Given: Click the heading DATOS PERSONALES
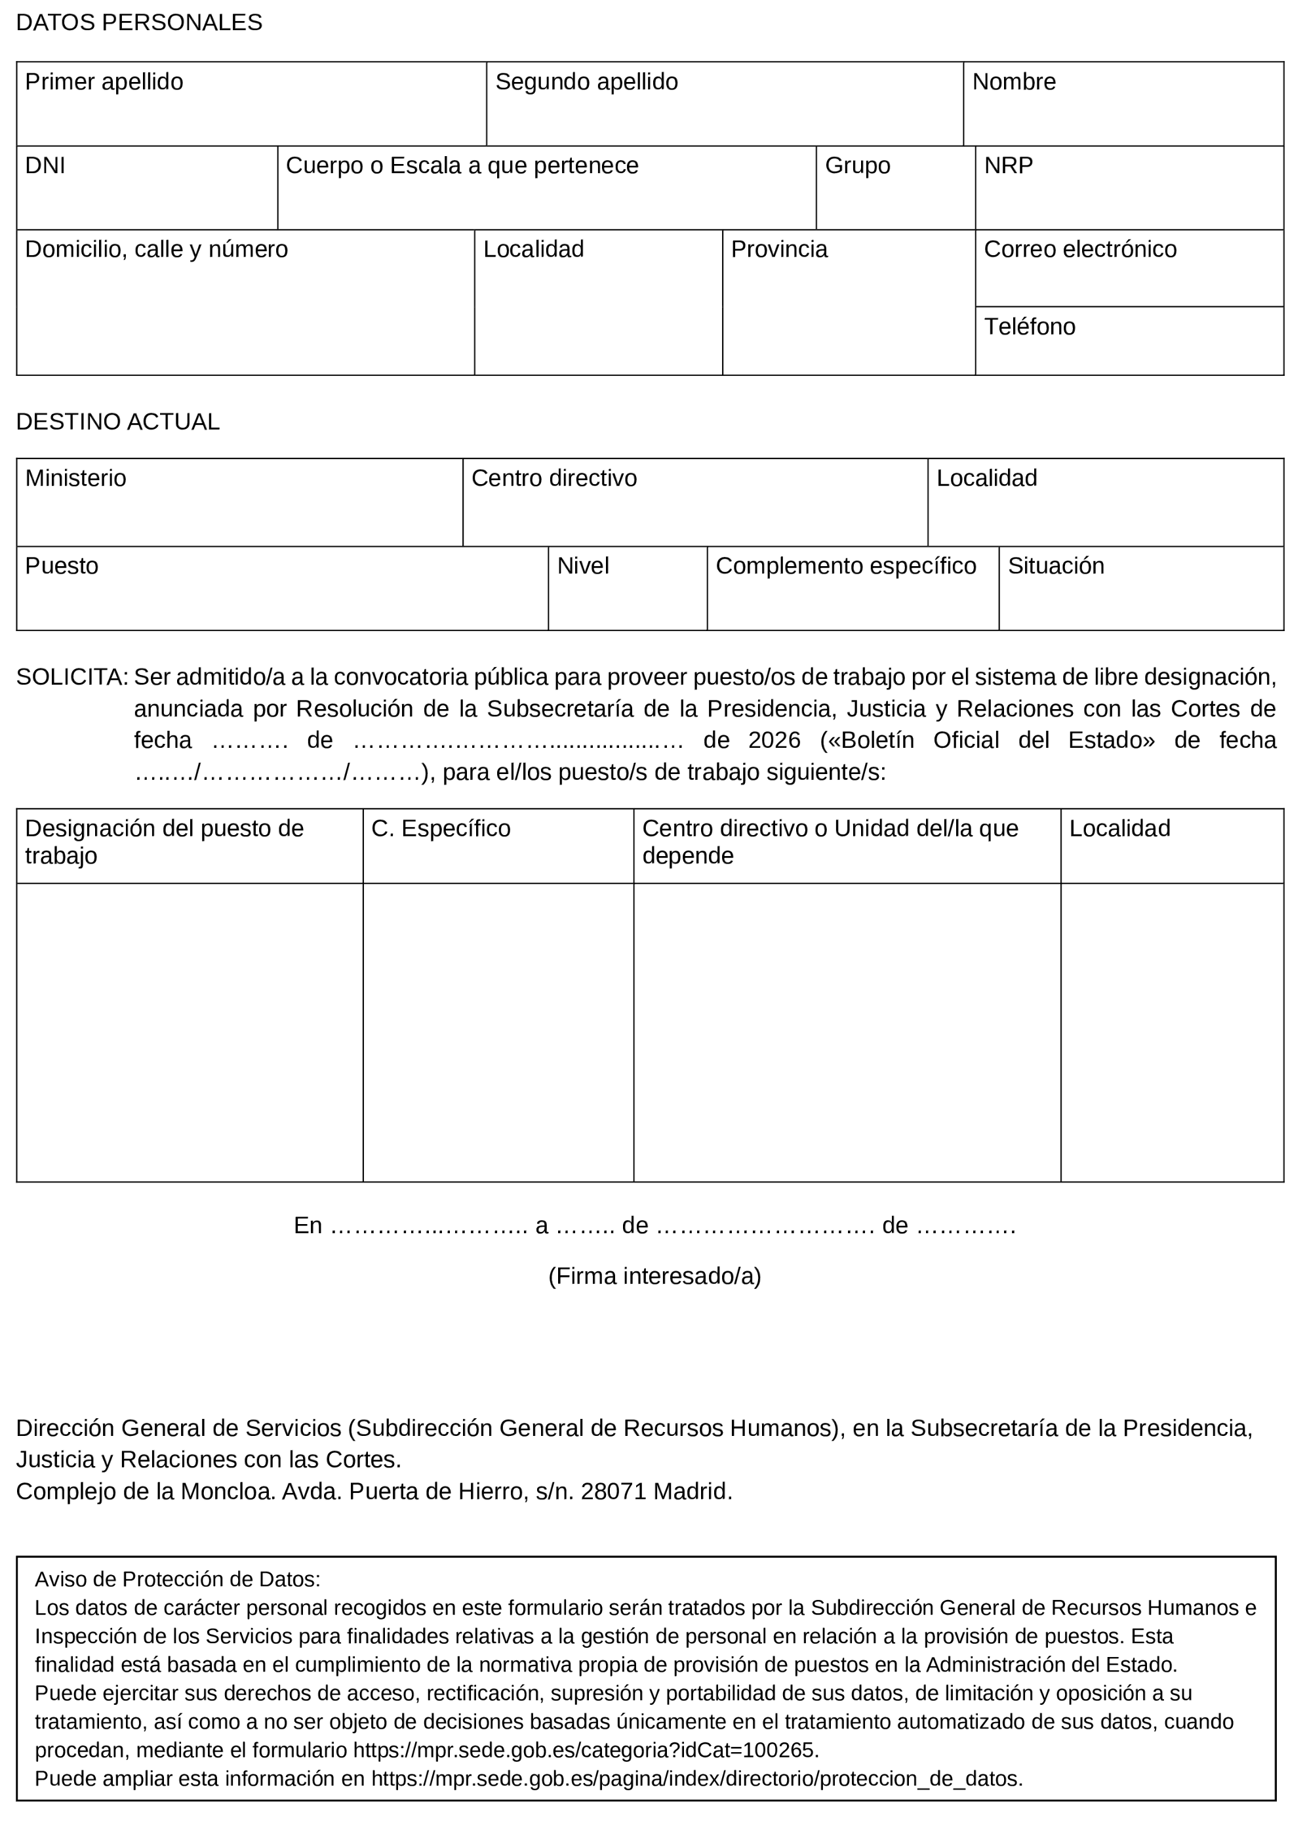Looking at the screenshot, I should click(x=139, y=22).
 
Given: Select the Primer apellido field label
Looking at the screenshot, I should click(x=104, y=82).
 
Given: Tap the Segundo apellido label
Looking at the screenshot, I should click(x=586, y=82).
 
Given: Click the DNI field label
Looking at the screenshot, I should click(x=45, y=165).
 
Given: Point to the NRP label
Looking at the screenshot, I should click(x=1009, y=165).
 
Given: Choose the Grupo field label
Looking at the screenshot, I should click(x=857, y=165).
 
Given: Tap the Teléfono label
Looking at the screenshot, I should click(x=1029, y=327).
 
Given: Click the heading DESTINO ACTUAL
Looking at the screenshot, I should click(x=118, y=422).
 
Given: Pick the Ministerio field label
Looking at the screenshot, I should click(x=75, y=478).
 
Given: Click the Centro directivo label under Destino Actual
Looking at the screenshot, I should click(x=554, y=478).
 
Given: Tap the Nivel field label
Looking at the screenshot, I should click(x=583, y=566).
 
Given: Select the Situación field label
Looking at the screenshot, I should click(x=1056, y=566).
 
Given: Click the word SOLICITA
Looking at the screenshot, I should click(x=71, y=678).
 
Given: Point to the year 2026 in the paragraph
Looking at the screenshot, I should click(x=774, y=741).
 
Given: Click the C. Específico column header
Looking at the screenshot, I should click(x=441, y=829).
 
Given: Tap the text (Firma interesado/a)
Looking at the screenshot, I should click(x=654, y=1276).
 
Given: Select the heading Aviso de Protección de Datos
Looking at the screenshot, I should click(x=178, y=1580).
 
